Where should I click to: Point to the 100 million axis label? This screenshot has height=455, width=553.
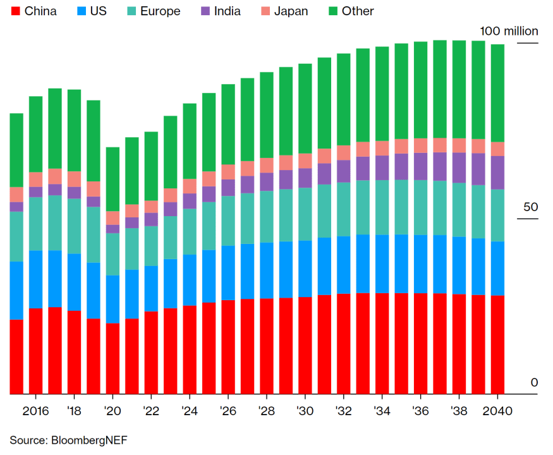point(509,31)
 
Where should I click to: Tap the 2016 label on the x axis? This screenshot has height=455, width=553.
point(36,410)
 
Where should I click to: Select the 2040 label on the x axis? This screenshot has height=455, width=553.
point(497,410)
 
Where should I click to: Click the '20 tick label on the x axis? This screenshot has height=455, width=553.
point(112,410)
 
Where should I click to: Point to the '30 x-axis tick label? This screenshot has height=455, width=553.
point(305,410)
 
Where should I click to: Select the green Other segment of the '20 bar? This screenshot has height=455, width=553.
point(112,179)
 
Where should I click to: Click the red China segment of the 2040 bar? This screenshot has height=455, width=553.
point(497,344)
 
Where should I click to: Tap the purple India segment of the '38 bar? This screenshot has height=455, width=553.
point(459,168)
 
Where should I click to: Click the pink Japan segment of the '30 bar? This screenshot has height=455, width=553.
point(305,161)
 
